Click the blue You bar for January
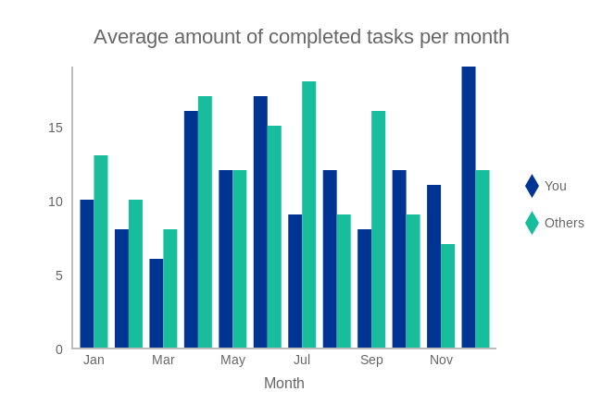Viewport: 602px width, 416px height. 87,274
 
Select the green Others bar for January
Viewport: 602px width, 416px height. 101,251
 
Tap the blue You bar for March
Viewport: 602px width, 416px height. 157,303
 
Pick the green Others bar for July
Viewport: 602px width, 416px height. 308,214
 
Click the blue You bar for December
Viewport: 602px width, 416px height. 469,207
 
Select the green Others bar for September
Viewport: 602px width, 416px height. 378,229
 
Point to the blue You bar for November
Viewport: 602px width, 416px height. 433,266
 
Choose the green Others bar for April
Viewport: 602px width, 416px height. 205,222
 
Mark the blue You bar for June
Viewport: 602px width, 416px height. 260,222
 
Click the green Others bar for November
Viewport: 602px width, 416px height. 447,296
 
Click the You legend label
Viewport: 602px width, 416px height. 556,186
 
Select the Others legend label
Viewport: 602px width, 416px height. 564,223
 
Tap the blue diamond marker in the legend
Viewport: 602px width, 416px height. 532,186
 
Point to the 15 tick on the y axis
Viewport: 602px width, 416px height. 56,128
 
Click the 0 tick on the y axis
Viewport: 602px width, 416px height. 59,349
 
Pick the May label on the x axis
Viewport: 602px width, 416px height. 232,360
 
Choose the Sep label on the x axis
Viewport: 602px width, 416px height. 371,360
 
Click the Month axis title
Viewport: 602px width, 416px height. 284,383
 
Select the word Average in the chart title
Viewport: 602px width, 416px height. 128,37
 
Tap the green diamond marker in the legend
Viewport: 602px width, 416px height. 532,223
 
